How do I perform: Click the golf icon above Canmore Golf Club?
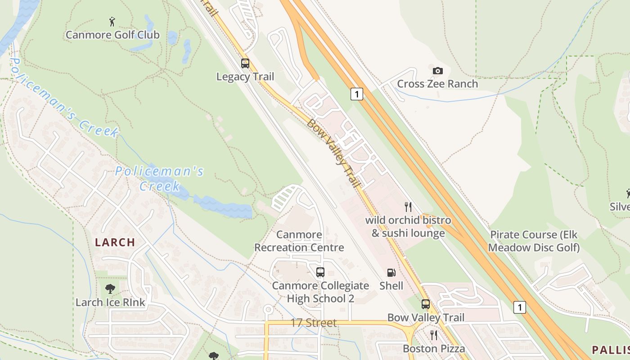[x=112, y=21]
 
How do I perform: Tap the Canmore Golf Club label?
[x=112, y=35]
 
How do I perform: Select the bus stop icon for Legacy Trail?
[x=245, y=63]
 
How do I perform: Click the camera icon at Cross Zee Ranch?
[x=437, y=71]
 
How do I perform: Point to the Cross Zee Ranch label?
[x=437, y=84]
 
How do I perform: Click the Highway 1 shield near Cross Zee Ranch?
[x=356, y=94]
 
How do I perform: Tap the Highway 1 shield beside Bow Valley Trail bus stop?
[x=519, y=307]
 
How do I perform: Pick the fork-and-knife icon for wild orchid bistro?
[x=408, y=207]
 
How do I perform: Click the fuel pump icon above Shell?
[x=391, y=272]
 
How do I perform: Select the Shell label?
[x=391, y=286]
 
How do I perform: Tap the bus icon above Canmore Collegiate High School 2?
[x=320, y=272]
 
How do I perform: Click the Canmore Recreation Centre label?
[x=299, y=241]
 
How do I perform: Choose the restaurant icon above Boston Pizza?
[x=433, y=335]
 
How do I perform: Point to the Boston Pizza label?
[x=434, y=349]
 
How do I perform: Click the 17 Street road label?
[x=314, y=323]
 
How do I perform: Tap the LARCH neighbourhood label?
[x=115, y=242]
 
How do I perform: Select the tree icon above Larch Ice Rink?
[x=110, y=289]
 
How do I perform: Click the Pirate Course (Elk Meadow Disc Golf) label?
[x=534, y=241]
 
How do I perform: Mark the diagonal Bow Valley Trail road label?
[x=333, y=153]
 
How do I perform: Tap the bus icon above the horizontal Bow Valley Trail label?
[x=426, y=304]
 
